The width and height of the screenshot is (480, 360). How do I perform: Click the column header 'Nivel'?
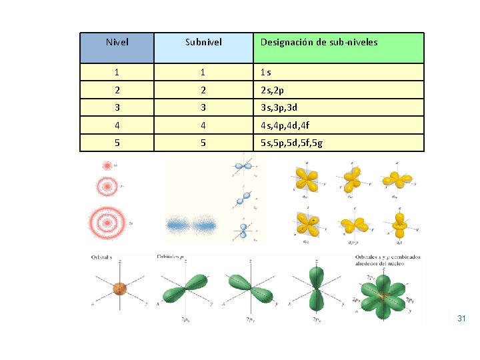pos(117,43)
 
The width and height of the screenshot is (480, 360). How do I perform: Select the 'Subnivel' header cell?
pos(203,43)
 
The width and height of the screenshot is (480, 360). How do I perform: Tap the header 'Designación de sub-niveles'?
pos(319,43)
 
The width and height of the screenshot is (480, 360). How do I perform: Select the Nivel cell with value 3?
pos(117,107)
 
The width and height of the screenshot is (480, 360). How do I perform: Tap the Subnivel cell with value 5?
pos(203,143)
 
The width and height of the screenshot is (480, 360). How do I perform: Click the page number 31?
pos(461,319)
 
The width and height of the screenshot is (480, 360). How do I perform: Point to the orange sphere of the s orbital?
pos(119,289)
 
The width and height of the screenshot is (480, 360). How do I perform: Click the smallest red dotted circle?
pos(107,165)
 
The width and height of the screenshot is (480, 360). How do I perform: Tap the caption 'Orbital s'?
pos(106,257)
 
